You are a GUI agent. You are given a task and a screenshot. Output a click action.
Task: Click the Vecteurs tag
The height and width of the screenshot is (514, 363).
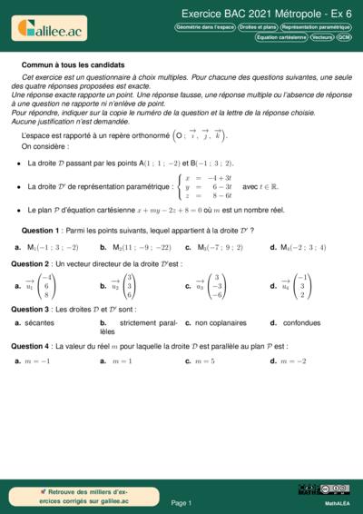[321, 38]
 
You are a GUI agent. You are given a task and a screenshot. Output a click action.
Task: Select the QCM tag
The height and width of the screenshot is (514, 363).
[344, 38]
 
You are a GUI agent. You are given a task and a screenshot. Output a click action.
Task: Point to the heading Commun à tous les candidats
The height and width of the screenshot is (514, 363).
[73, 65]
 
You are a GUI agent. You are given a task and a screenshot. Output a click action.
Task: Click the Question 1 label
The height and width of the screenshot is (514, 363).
[41, 231]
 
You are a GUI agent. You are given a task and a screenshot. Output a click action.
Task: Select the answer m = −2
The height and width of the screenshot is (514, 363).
[295, 361]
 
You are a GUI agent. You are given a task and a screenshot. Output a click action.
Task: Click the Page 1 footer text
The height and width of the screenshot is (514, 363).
[181, 502]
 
